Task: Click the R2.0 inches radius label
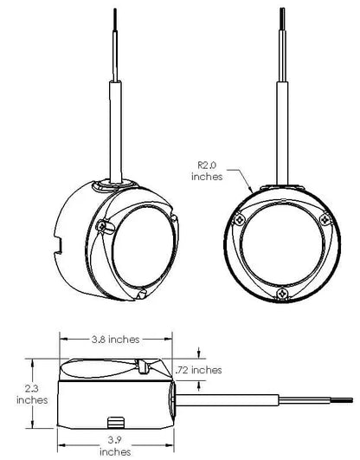coord(207,171)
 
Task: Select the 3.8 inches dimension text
coord(115,340)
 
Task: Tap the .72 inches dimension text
coord(198,370)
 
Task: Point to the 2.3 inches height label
coord(32,394)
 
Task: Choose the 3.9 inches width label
coord(115,446)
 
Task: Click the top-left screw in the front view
coord(240,219)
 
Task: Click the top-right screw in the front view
coord(325,219)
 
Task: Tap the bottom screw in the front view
coord(282,293)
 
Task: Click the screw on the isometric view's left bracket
coord(102,226)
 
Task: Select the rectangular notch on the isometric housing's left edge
coord(58,245)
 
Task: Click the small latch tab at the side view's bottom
coord(116,422)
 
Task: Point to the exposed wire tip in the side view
coord(342,400)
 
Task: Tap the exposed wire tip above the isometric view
coord(115,19)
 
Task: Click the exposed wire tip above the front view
coord(282,18)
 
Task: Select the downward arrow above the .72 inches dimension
coord(199,353)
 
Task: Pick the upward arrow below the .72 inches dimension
coord(199,386)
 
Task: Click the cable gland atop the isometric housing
coord(115,185)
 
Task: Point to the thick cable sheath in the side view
coord(227,400)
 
